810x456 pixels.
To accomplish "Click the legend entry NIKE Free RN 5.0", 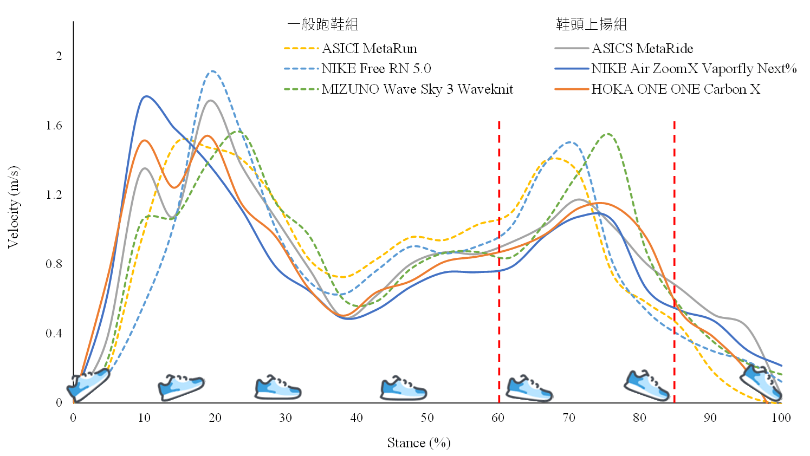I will [376, 69].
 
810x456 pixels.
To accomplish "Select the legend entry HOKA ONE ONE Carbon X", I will [676, 89].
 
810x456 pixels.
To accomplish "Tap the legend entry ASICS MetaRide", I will [642, 49].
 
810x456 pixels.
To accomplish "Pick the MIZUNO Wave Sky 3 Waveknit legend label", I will [417, 89].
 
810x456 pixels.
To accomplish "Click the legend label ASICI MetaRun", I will [370, 49].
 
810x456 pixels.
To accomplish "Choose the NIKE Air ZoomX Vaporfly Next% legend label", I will [694, 69].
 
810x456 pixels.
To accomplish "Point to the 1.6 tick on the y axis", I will [54, 126].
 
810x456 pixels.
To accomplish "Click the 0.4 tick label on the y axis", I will [54, 334].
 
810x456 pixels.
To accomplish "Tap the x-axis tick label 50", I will [427, 418].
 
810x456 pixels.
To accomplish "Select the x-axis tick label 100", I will [781, 418].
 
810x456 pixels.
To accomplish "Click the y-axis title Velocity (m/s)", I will [13, 207].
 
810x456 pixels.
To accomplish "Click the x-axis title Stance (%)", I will [418, 444].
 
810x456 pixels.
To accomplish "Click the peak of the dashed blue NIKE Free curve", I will [212, 71].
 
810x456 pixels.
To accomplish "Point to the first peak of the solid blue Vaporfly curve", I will [146, 96].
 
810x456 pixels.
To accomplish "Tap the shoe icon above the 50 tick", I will [403, 388].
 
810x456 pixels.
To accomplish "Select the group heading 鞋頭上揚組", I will [591, 24].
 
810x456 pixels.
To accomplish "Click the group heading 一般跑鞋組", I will [323, 24].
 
